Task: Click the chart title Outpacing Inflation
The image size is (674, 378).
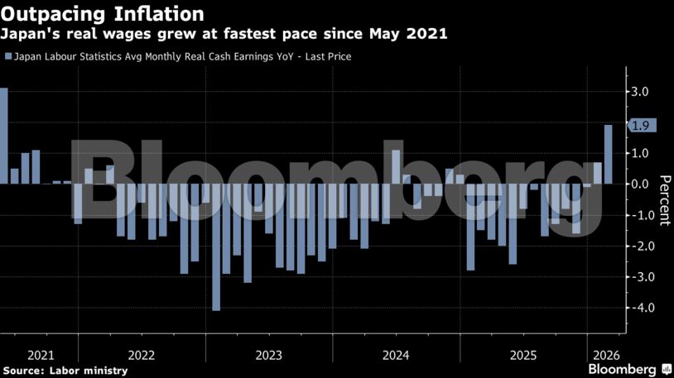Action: (103, 14)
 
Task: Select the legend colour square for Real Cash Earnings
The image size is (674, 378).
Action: (8, 57)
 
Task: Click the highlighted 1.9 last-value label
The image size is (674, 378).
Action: (640, 126)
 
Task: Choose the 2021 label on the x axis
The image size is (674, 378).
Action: (41, 355)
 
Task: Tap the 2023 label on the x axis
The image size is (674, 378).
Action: (269, 355)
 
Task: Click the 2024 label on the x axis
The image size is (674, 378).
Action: (397, 355)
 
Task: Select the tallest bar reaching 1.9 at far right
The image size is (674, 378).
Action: (609, 154)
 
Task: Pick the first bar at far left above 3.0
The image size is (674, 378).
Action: (4, 136)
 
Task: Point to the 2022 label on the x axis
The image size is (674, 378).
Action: (142, 355)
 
